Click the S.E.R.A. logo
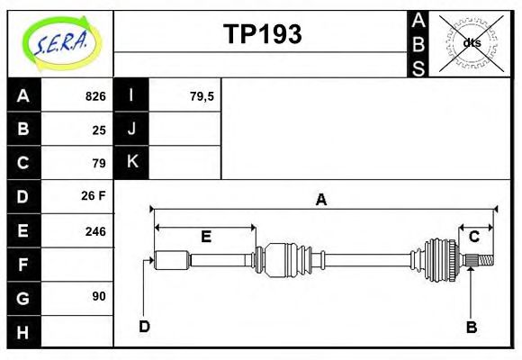click(60, 42)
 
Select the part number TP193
click(262, 34)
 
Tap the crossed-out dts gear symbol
click(471, 42)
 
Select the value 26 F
click(94, 195)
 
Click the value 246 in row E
click(95, 230)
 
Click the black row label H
click(23, 332)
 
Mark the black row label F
click(23, 265)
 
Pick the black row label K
click(131, 162)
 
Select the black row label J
click(131, 129)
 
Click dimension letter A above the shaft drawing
click(320, 201)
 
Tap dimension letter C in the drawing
click(473, 237)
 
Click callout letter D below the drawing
click(144, 326)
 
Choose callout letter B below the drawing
click(471, 327)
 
